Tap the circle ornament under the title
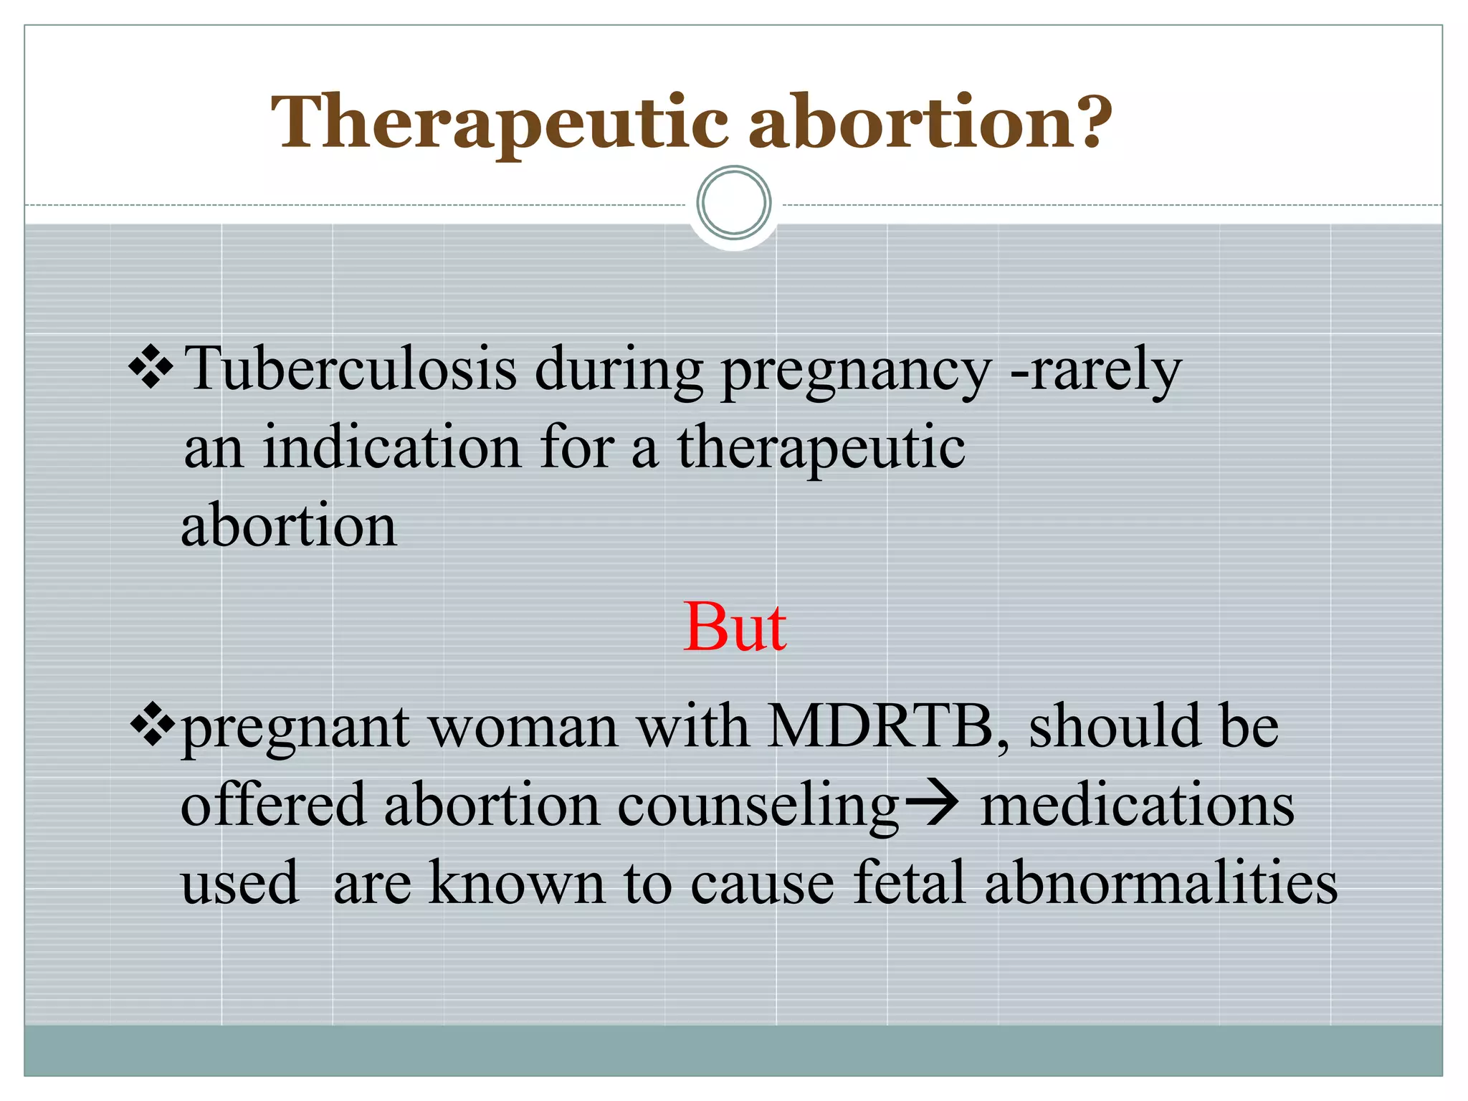pyautogui.click(x=733, y=203)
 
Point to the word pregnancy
pyautogui.click(x=856, y=371)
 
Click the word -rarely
pyautogui.click(x=1095, y=371)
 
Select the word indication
pyautogui.click(x=391, y=447)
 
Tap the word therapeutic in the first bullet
pyautogui.click(x=821, y=448)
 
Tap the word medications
pyautogui.click(x=1137, y=805)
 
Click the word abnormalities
pyautogui.click(x=1160, y=882)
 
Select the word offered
pyautogui.click(x=273, y=805)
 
